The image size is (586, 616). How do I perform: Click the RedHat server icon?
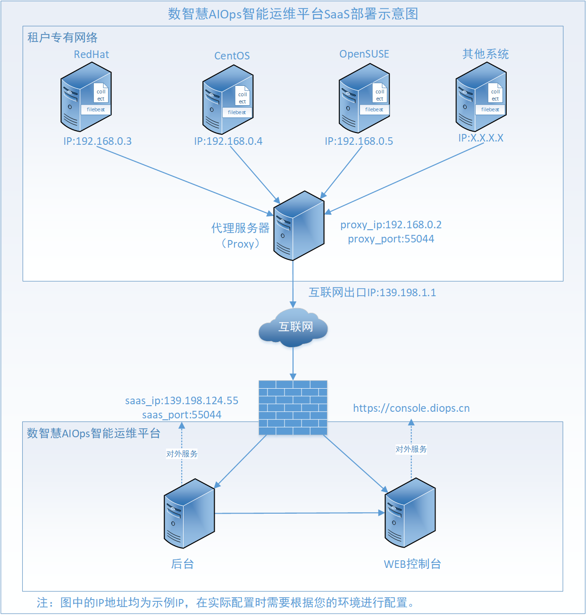(x=86, y=97)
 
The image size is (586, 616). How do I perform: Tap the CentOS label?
(x=232, y=56)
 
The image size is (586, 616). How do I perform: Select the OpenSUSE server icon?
(x=364, y=98)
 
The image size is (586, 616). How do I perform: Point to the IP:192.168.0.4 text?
(x=228, y=141)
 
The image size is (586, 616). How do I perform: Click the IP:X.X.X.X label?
(x=481, y=138)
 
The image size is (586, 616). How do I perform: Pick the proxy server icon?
(x=299, y=226)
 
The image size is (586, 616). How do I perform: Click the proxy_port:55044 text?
(x=391, y=239)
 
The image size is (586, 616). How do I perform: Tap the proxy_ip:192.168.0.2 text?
(x=391, y=225)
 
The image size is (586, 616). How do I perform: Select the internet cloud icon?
(x=293, y=327)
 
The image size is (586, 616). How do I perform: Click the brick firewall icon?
(x=293, y=408)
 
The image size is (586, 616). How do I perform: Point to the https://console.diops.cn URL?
(x=411, y=408)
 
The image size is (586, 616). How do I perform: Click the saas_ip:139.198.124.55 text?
(x=182, y=400)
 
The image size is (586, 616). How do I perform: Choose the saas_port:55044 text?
(x=182, y=415)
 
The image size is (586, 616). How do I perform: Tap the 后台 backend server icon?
(x=189, y=514)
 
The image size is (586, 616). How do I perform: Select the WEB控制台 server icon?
(x=410, y=513)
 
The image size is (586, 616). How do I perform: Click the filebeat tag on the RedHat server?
(x=96, y=109)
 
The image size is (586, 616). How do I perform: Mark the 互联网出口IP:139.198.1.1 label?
(x=372, y=292)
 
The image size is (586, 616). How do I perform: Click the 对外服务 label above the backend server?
(x=182, y=454)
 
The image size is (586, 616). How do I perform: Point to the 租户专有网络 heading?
(x=62, y=37)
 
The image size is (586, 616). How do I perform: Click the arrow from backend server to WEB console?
(x=300, y=513)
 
